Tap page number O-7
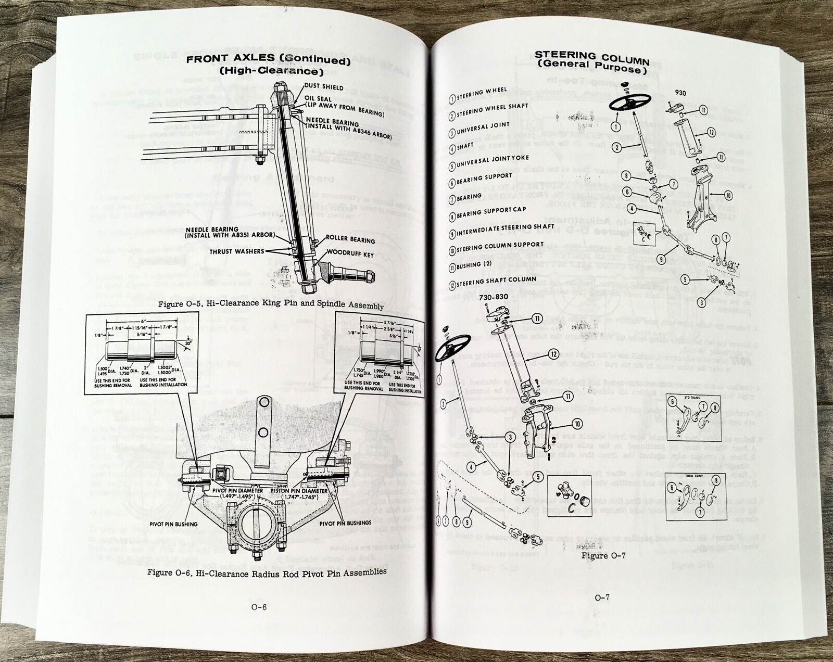pos(602,597)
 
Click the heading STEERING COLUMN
pos(592,55)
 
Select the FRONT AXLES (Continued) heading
pos(268,60)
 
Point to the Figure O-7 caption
pos(603,555)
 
